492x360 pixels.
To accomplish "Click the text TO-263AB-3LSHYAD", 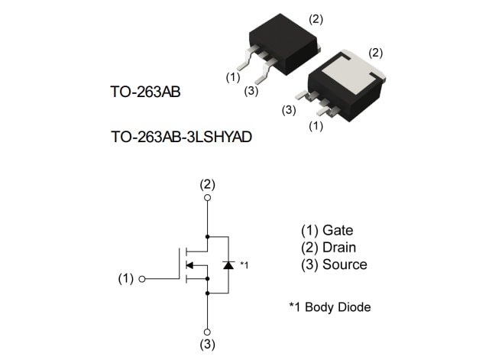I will click(x=180, y=138).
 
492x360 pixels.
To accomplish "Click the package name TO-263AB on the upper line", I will click(x=145, y=92).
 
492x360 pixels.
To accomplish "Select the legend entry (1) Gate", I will click(x=327, y=230).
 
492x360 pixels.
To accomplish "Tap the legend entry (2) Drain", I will click(x=329, y=247).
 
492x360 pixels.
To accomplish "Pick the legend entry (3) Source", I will click(x=334, y=264).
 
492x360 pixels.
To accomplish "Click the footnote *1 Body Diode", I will click(x=329, y=307).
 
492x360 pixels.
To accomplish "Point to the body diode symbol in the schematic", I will click(x=227, y=264).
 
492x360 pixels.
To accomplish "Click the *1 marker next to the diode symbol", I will click(x=244, y=264).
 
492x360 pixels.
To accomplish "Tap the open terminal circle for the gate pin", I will click(x=141, y=279).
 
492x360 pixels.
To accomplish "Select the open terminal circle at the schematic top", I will click(x=207, y=198).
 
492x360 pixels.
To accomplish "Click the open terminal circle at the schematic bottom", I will click(x=207, y=331).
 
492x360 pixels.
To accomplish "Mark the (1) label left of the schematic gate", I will click(x=125, y=279).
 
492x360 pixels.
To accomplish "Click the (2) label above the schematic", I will click(x=207, y=184).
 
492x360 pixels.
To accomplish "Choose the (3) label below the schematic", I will click(x=207, y=345).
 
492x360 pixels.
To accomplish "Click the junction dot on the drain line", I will click(x=207, y=238).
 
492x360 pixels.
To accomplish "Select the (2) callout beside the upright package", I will click(x=316, y=19).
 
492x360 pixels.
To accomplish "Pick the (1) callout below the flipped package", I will click(x=316, y=126).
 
